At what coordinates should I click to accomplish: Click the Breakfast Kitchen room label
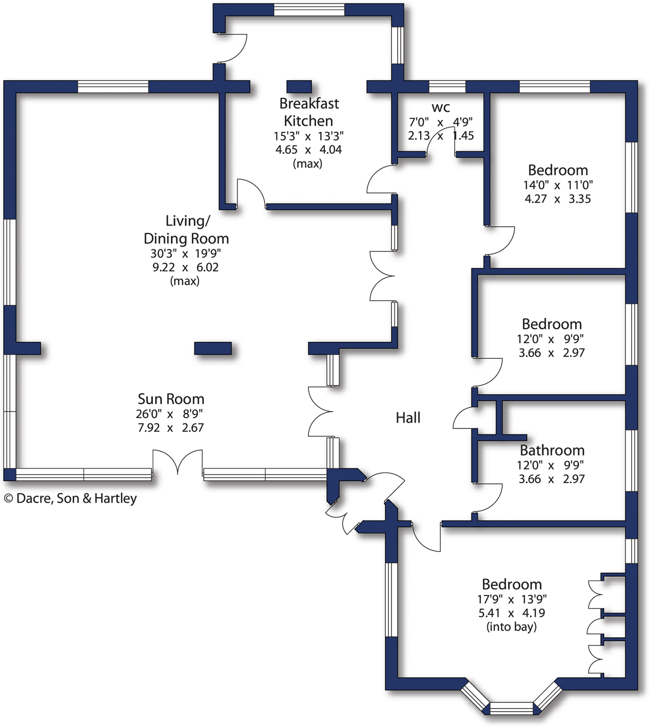[x=309, y=112]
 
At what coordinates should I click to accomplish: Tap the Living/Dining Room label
[x=186, y=230]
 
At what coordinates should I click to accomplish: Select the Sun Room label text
[x=171, y=399]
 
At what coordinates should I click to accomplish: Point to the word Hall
[x=408, y=418]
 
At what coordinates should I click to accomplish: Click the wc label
[x=441, y=107]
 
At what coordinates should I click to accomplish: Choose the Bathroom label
[x=552, y=450]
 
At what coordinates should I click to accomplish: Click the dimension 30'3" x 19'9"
[x=185, y=253]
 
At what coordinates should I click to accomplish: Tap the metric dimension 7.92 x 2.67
[x=170, y=427]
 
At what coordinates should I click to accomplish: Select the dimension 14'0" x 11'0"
[x=558, y=185]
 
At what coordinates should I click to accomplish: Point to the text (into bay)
[x=511, y=626]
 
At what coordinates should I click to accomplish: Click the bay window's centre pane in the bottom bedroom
[x=511, y=708]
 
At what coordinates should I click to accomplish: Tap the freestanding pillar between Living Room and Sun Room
[x=213, y=348]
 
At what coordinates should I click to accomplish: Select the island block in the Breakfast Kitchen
[x=299, y=87]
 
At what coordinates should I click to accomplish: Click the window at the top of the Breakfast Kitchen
[x=309, y=10]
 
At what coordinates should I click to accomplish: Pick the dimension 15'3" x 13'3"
[x=308, y=136]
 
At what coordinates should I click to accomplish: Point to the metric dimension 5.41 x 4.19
[x=511, y=613]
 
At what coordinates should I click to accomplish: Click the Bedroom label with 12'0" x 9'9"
[x=551, y=324]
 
